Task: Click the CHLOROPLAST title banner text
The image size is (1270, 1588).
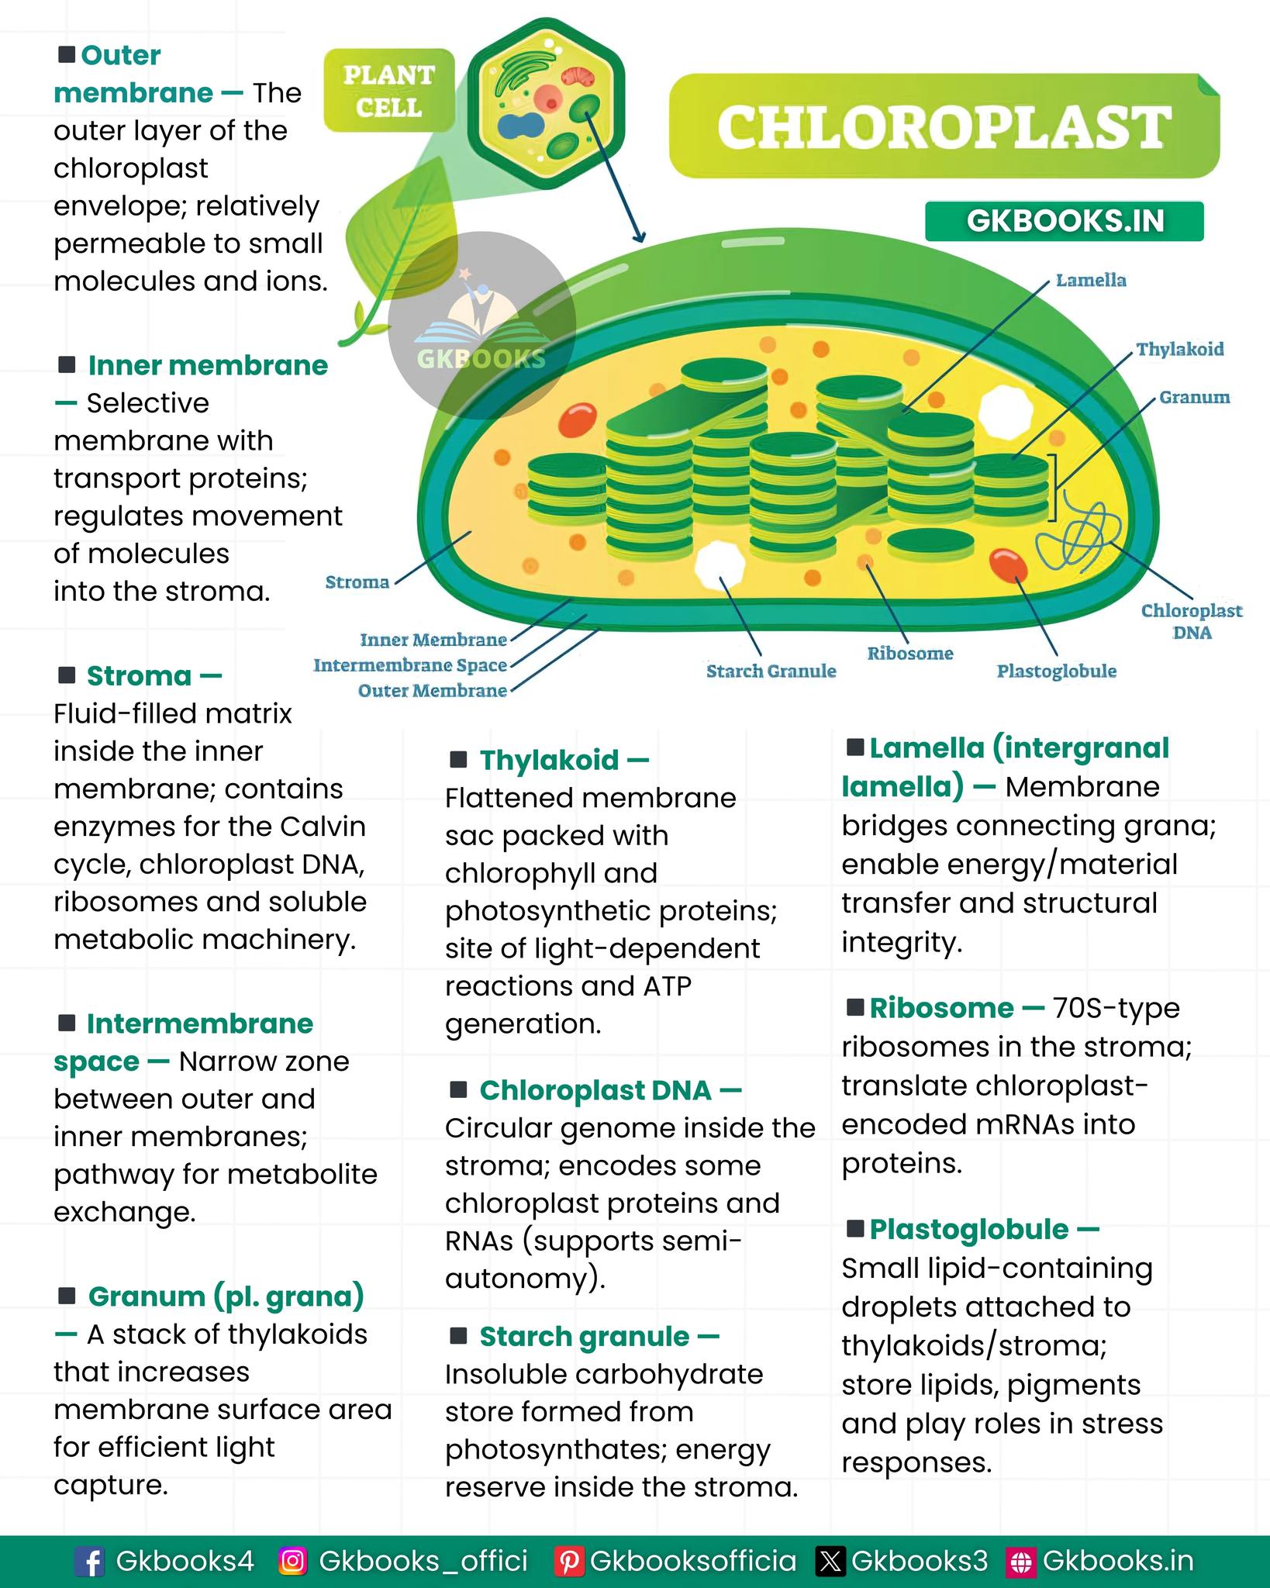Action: point(944,127)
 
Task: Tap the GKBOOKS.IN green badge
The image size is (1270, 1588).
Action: point(1065,221)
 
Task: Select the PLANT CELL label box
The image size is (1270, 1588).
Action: point(388,91)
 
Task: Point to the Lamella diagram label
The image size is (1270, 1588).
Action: point(1091,280)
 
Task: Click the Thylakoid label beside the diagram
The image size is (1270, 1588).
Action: point(1180,349)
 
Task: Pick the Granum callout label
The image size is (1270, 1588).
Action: point(1195,397)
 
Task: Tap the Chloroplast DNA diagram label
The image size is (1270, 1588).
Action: point(1192,621)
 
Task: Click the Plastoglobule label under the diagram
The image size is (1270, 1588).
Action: point(1057,671)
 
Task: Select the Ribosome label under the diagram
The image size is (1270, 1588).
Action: point(910,653)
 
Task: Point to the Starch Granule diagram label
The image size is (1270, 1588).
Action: point(771,671)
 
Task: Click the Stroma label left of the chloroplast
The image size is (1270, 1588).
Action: point(357,582)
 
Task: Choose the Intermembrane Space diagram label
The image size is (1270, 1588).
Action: point(410,665)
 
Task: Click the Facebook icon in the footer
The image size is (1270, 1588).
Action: point(89,1562)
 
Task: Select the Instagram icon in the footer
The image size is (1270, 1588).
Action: point(292,1561)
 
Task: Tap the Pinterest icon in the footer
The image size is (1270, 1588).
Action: point(568,1562)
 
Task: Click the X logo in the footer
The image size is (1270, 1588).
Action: point(830,1562)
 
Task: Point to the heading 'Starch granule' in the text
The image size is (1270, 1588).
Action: point(584,1336)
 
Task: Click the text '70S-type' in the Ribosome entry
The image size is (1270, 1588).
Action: point(1116,1007)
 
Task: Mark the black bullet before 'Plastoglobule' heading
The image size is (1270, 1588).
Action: point(855,1228)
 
